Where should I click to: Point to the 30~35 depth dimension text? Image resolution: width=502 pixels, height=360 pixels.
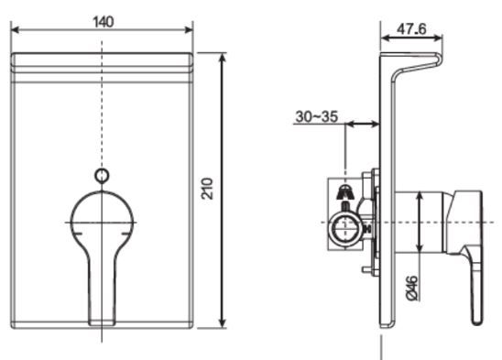click(319, 117)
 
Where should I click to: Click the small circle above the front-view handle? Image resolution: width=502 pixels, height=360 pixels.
click(103, 175)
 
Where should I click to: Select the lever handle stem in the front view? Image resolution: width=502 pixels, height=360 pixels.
click(102, 284)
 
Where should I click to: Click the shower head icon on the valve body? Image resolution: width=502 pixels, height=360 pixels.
click(347, 192)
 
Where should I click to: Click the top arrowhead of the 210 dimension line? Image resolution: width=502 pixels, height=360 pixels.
click(223, 58)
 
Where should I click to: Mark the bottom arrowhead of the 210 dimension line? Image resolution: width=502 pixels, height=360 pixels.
click(223, 324)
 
